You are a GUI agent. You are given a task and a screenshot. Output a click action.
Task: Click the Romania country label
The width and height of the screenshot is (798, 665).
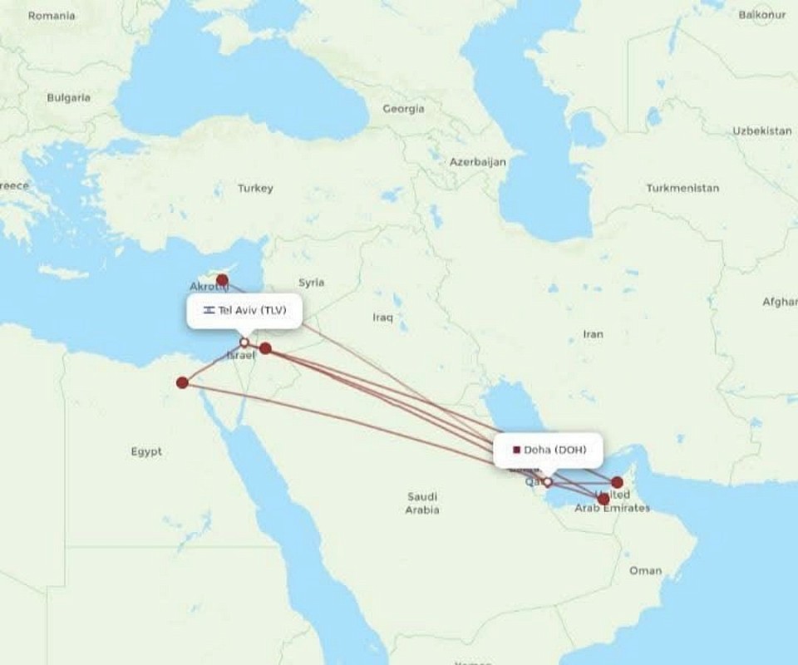52,16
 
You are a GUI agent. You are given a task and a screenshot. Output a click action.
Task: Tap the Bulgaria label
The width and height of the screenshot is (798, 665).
68,97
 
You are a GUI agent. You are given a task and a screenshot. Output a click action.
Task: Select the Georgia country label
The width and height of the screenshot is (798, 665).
403,109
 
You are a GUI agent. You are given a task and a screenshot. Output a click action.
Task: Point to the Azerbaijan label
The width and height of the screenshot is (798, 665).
478,162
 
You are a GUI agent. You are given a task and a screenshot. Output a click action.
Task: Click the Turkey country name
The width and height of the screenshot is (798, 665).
255,188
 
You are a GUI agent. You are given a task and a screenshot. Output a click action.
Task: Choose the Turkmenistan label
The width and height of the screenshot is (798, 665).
682,188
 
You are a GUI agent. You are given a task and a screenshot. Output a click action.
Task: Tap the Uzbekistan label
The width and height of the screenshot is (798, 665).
761,131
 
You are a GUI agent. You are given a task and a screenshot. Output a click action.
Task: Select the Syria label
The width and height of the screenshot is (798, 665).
312,283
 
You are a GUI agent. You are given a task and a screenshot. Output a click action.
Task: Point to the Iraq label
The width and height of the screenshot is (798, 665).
382,317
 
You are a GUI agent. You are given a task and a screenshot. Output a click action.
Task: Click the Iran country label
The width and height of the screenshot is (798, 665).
593,334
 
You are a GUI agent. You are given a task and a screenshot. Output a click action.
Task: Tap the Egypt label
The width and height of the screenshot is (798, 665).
146,451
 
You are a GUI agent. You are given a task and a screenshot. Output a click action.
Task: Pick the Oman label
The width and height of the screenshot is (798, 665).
646,570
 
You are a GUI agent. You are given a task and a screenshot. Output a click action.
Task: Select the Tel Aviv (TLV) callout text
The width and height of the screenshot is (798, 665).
252,310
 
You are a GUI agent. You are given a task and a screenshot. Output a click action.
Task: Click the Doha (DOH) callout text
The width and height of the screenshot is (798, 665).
554,450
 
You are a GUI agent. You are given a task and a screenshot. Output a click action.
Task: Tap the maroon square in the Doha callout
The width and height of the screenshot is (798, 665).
516,450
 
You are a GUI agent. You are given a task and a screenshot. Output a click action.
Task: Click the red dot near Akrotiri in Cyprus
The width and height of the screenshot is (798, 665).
222,280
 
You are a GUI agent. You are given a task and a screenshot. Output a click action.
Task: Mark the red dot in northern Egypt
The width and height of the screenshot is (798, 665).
182,382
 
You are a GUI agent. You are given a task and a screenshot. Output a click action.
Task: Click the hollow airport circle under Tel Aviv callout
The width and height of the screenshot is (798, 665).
244,342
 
